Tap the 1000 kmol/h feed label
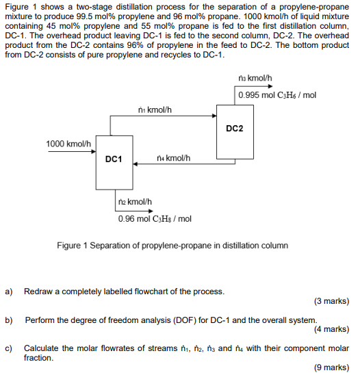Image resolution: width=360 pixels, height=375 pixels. [x=68, y=144]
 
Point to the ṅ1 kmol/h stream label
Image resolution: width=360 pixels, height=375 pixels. [x=154, y=108]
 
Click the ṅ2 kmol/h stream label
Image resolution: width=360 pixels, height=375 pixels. [x=135, y=202]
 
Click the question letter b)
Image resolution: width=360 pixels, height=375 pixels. [x=9, y=320]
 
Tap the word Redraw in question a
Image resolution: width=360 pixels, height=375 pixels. [x=38, y=292]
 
